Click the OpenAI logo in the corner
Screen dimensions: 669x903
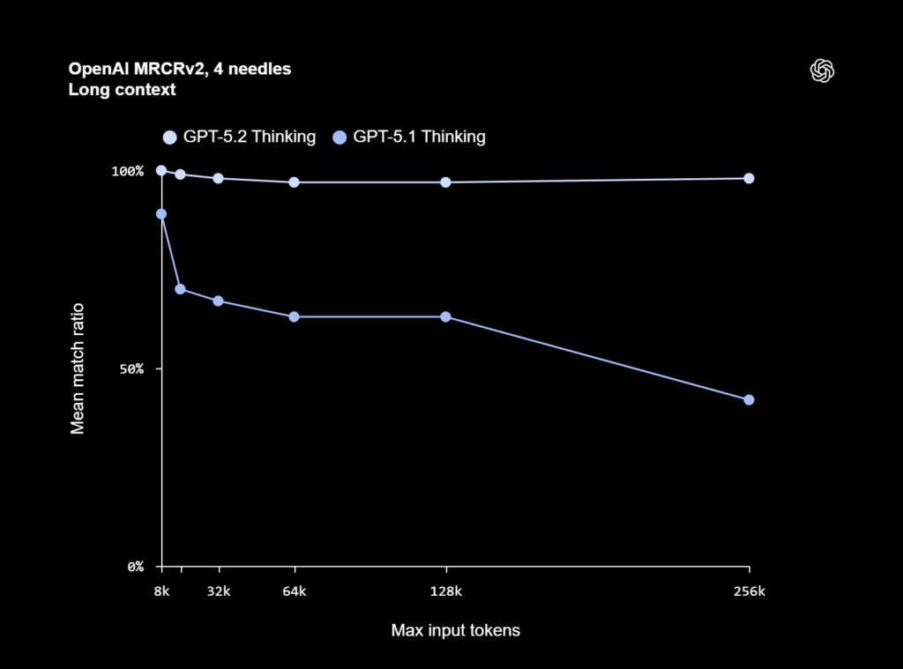(x=822, y=71)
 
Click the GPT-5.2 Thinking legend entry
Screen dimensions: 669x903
(x=239, y=137)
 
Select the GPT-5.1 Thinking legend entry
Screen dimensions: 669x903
(x=409, y=137)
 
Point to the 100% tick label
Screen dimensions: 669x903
(x=127, y=171)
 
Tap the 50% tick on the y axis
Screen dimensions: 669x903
(x=131, y=368)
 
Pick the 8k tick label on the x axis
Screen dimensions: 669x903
(x=161, y=591)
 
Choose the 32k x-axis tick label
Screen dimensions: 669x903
(x=219, y=591)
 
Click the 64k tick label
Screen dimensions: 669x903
(x=295, y=591)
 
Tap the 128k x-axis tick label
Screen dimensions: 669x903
(x=446, y=591)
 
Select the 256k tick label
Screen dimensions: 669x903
(x=750, y=591)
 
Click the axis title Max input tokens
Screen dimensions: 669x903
(x=455, y=631)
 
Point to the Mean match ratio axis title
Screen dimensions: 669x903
(x=78, y=368)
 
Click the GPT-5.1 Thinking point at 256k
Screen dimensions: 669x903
(x=749, y=399)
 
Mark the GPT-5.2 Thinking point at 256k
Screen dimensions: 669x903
(x=749, y=178)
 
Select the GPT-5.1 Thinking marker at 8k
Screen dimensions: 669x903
(x=161, y=214)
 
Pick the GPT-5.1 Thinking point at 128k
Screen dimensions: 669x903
(x=445, y=316)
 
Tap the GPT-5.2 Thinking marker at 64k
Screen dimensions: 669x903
(x=294, y=182)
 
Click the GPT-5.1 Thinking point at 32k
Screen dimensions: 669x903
(x=218, y=301)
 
